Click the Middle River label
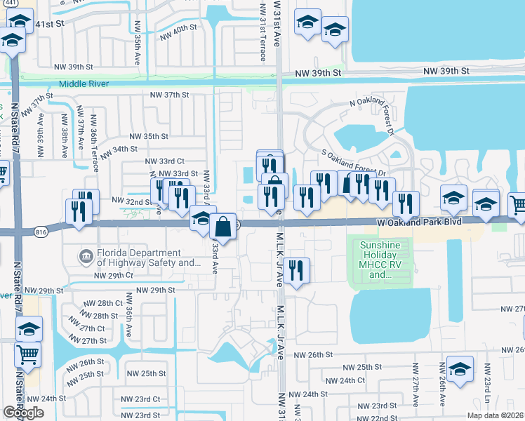click(x=86, y=83)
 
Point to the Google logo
click(x=23, y=413)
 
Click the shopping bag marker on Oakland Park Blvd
click(x=222, y=227)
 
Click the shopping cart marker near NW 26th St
click(x=27, y=354)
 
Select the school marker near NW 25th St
click(x=460, y=369)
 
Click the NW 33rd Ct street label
click(x=165, y=161)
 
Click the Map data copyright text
click(x=496, y=415)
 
